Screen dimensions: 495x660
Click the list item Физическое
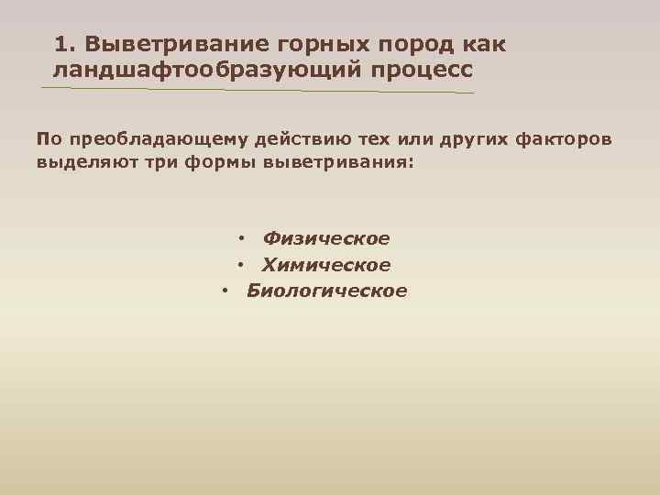point(325,239)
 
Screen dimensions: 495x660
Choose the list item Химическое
point(325,266)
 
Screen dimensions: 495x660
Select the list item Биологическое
point(326,291)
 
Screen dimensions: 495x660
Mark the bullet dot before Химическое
point(239,266)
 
